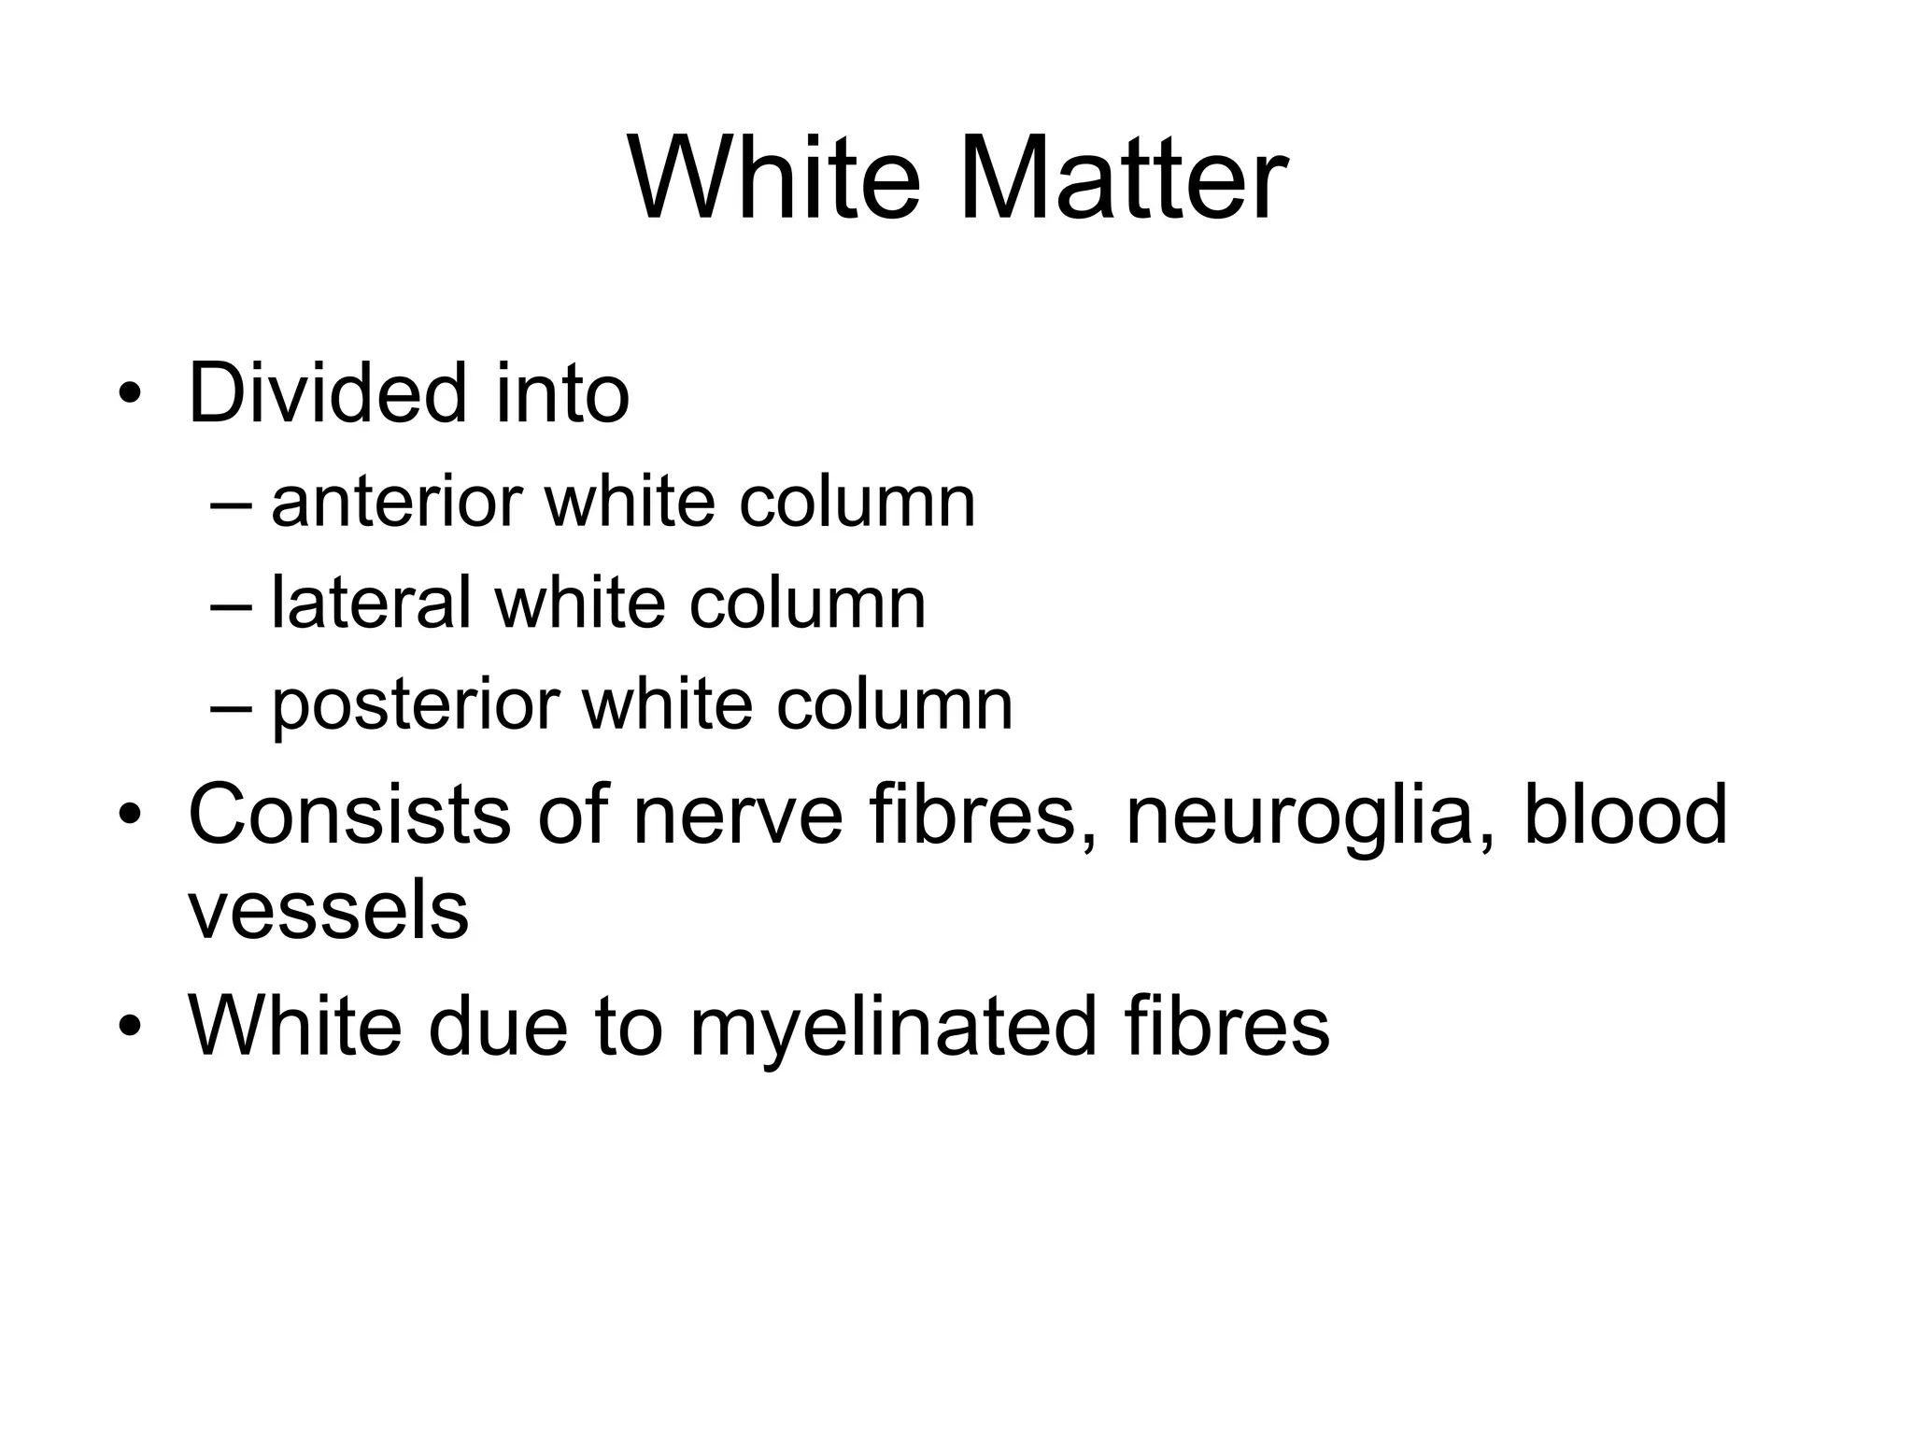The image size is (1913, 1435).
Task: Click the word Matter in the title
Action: [1123, 178]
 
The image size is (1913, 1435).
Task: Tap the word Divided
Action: [328, 393]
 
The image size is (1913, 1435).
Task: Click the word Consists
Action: [349, 815]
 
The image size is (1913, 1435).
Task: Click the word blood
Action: [1625, 815]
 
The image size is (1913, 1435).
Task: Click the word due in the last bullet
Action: [498, 1027]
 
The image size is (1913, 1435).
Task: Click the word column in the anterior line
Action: [857, 503]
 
